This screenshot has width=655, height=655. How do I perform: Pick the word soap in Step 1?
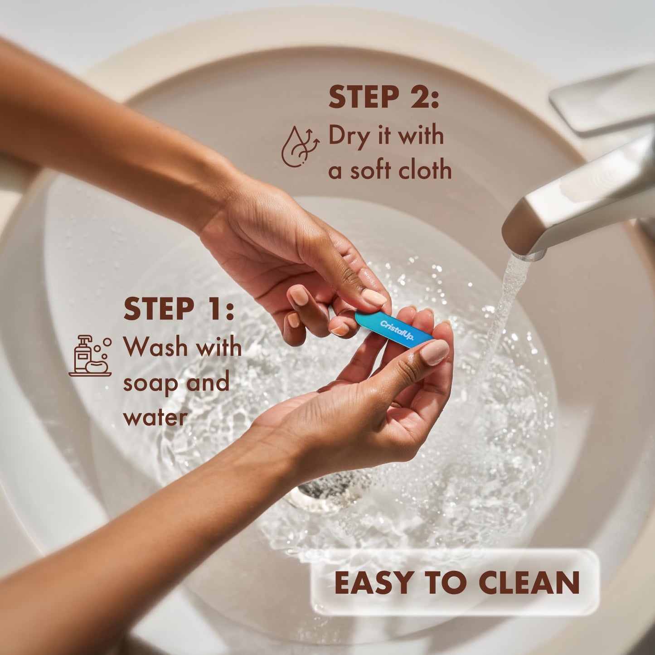150,383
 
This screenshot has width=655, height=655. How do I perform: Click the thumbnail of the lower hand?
435,353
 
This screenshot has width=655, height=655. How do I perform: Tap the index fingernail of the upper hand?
374,298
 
